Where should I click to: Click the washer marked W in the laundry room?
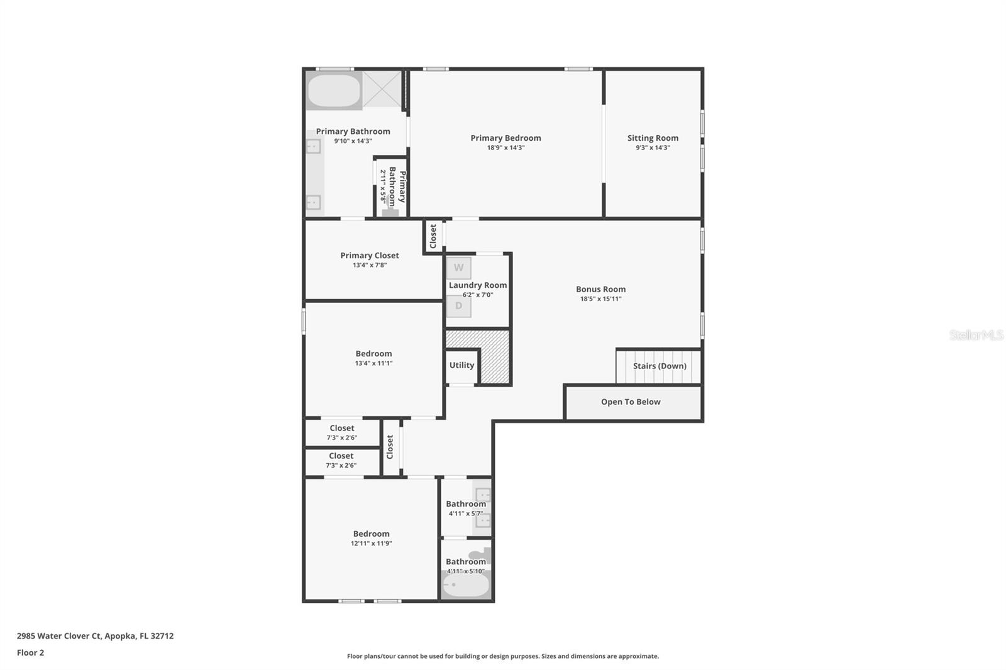458,268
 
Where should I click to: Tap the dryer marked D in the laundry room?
458,306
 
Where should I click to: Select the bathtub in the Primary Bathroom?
334,91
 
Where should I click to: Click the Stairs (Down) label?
660,366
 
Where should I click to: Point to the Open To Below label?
631,402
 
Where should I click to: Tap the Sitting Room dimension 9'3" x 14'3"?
653,148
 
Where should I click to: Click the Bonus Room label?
600,289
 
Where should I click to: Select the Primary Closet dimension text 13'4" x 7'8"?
370,265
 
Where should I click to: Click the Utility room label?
462,366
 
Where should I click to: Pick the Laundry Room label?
478,285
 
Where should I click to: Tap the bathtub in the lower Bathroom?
466,585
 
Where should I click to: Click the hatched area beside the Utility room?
494,357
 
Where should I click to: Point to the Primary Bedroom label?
506,138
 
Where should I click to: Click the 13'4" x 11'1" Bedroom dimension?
373,363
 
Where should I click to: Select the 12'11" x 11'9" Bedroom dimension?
372,544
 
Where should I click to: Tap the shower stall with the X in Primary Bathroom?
382,89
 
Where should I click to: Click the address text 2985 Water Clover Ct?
59,636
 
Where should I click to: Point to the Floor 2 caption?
31,653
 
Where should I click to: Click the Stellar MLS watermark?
976,334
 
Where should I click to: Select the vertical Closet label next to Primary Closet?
433,236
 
